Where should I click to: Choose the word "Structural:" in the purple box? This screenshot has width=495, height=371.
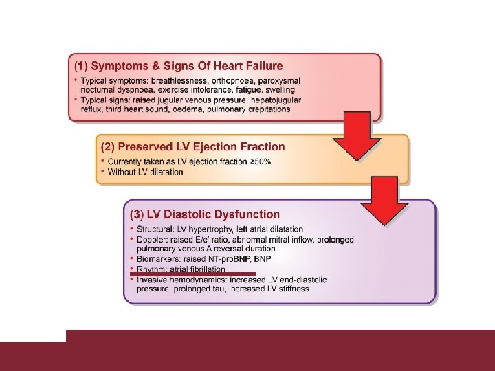click(x=157, y=229)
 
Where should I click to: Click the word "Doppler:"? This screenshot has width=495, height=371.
click(x=153, y=239)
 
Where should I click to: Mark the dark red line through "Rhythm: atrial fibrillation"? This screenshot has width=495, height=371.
click(x=192, y=273)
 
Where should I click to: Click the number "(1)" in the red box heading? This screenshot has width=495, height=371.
click(x=81, y=67)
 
